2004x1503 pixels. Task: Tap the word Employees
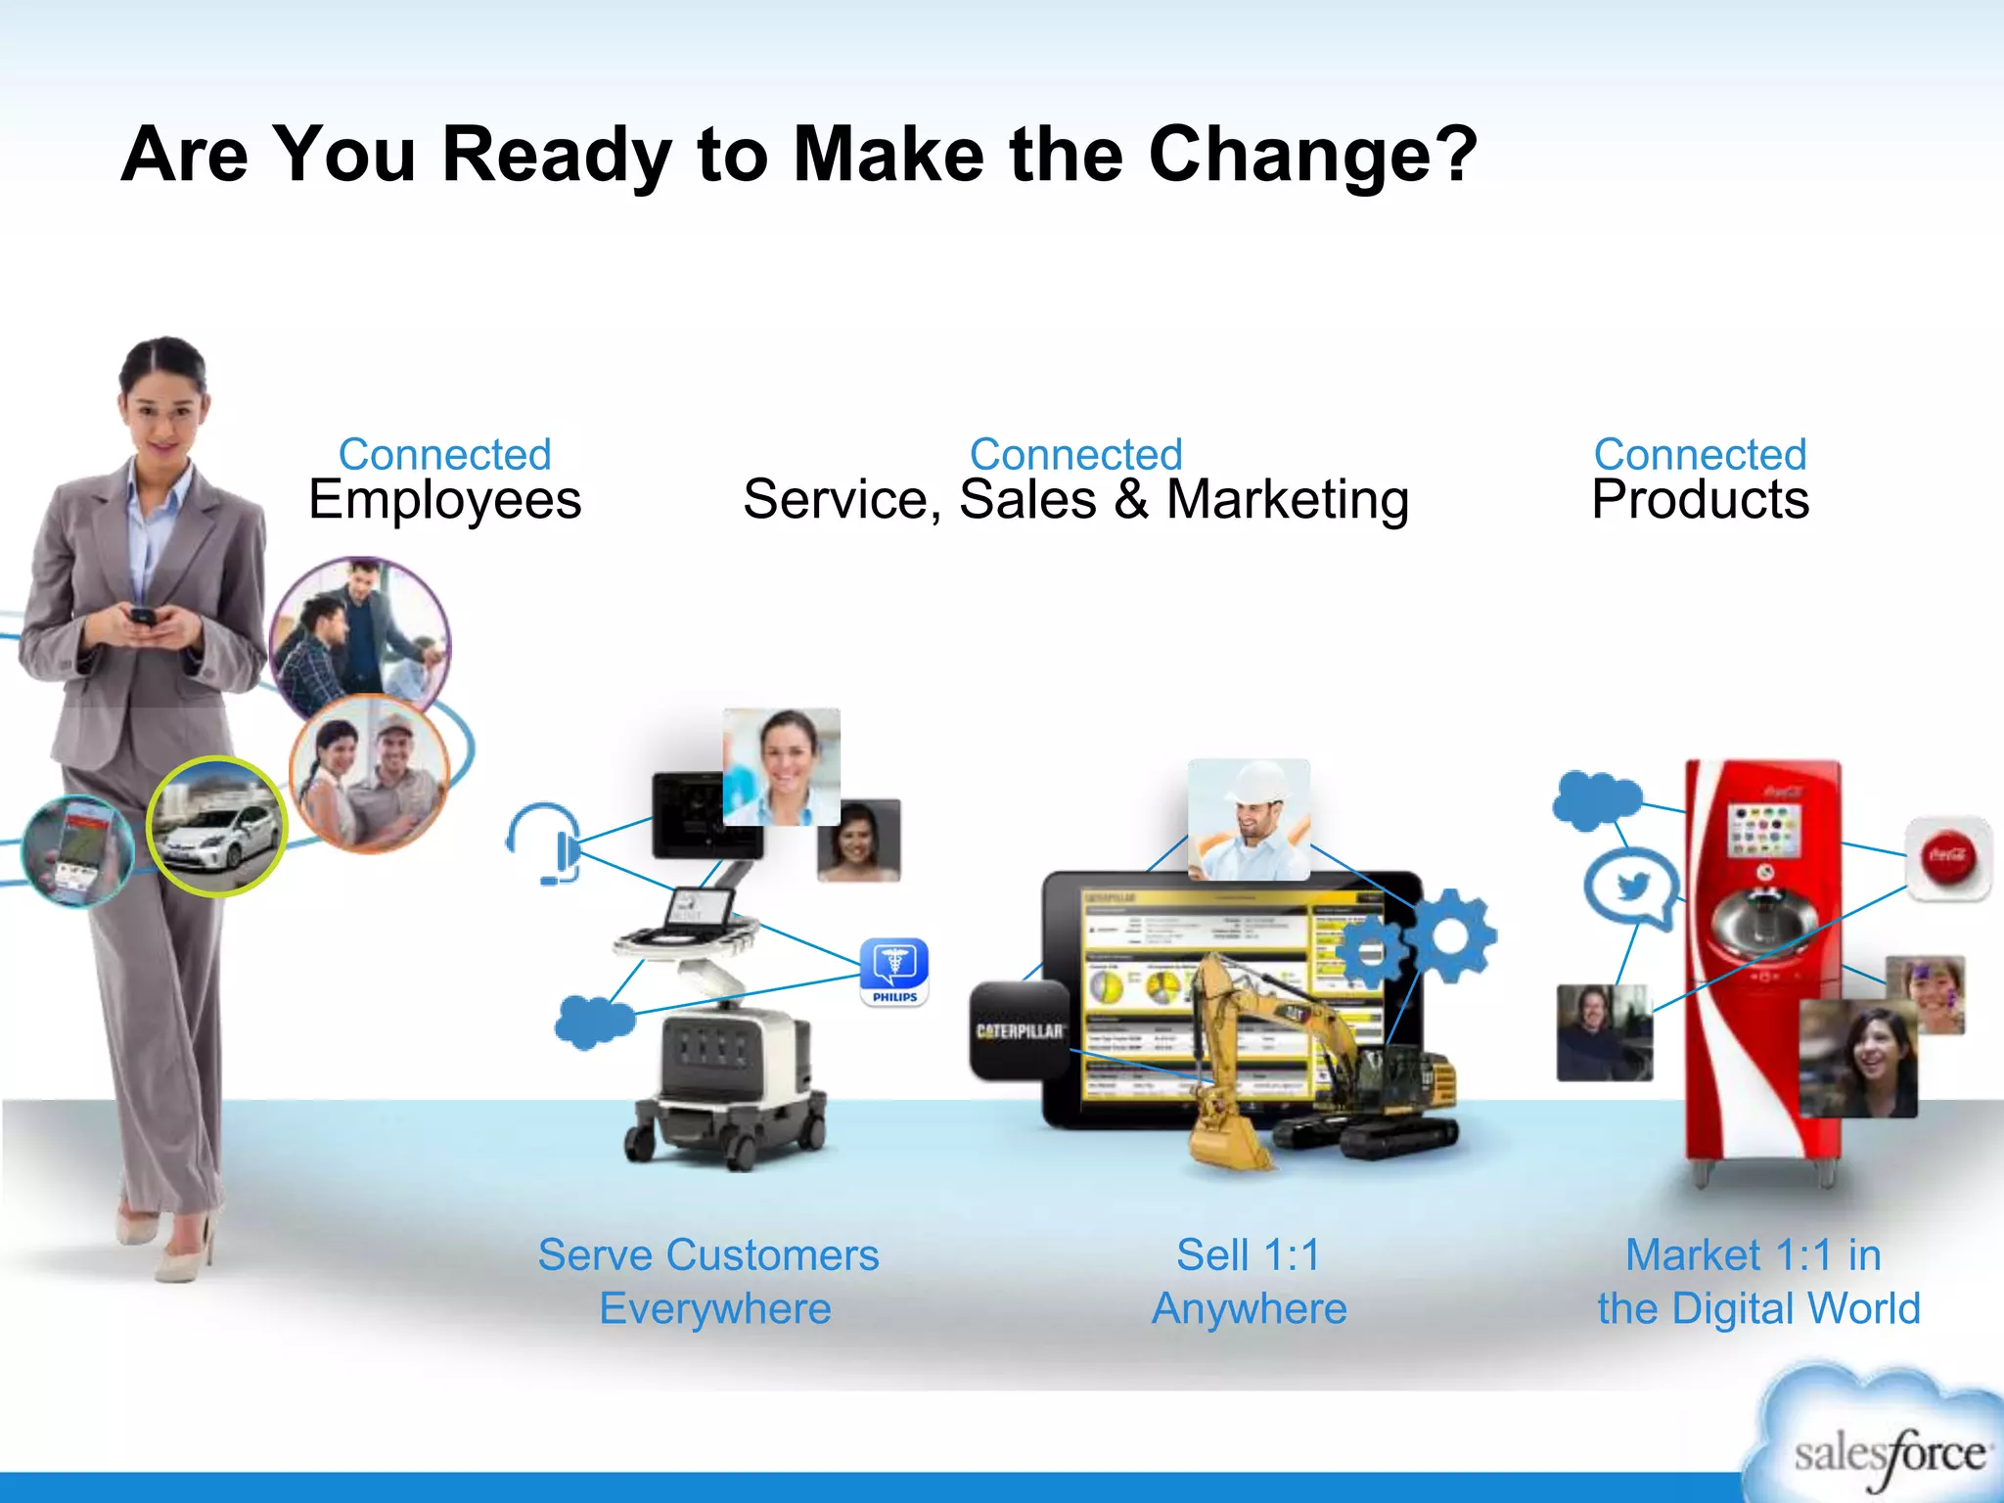[x=445, y=500]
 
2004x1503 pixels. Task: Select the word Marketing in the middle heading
[x=1287, y=500]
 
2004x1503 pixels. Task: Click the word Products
[x=1700, y=500]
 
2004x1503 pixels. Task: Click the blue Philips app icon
[x=894, y=971]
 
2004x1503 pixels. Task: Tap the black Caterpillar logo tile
[x=1019, y=1030]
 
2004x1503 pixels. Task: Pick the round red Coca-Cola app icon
[x=1947, y=857]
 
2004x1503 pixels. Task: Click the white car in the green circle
[x=217, y=827]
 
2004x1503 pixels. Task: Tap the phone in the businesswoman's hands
[x=143, y=617]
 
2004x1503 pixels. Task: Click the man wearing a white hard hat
[x=1248, y=820]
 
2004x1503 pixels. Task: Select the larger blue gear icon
[x=1451, y=935]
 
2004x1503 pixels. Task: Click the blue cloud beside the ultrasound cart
[x=594, y=1022]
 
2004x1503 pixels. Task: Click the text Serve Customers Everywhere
[x=709, y=1281]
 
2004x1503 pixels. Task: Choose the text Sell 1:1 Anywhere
[x=1249, y=1281]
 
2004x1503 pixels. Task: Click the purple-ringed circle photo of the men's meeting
[x=360, y=635]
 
